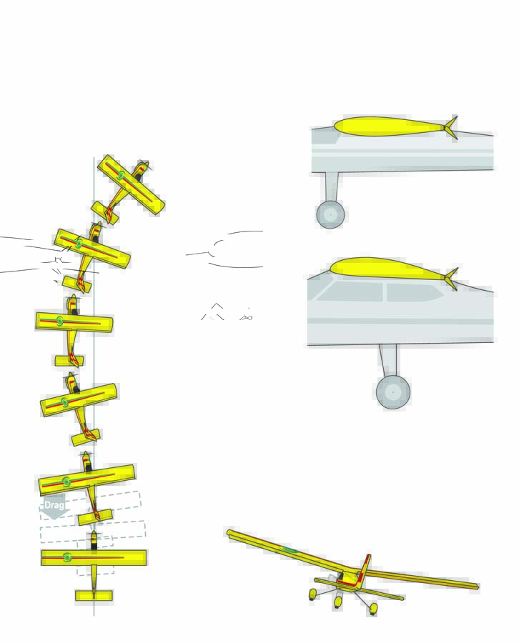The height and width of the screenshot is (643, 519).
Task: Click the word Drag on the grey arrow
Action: pyautogui.click(x=54, y=505)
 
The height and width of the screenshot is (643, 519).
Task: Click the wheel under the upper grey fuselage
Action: pyautogui.click(x=330, y=214)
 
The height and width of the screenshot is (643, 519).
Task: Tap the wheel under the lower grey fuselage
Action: pyautogui.click(x=392, y=392)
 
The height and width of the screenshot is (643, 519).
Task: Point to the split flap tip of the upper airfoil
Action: pyautogui.click(x=450, y=127)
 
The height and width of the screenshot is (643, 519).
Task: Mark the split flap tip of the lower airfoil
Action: pyautogui.click(x=450, y=279)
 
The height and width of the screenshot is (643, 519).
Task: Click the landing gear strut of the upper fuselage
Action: pyautogui.click(x=332, y=186)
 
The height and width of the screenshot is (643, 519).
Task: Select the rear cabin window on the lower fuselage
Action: pyautogui.click(x=411, y=292)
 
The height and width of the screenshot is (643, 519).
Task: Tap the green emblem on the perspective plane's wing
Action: pyautogui.click(x=289, y=549)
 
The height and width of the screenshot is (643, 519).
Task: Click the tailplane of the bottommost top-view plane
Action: pyautogui.click(x=94, y=595)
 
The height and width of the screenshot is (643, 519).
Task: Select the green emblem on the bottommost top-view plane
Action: pyautogui.click(x=67, y=557)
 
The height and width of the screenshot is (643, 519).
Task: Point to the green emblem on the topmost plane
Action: pyautogui.click(x=122, y=175)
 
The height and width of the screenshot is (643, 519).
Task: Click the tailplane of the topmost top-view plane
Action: pyautogui.click(x=104, y=212)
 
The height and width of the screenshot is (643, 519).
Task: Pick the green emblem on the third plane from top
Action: pyautogui.click(x=60, y=321)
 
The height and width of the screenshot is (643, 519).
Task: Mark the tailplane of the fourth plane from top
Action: pyautogui.click(x=85, y=437)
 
